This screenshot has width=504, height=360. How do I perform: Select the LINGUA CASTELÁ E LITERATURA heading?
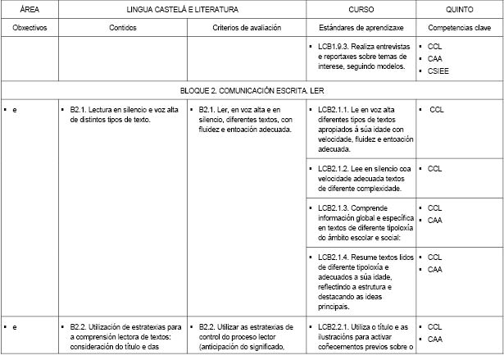tap(183, 9)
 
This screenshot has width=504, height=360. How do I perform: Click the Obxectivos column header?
tap(30, 27)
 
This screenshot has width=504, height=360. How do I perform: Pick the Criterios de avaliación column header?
tap(247, 27)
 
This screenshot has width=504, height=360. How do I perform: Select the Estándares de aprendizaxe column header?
tap(358, 27)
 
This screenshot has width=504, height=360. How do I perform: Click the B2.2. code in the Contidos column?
tap(79, 326)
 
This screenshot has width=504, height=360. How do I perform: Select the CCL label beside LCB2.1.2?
tap(434, 168)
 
